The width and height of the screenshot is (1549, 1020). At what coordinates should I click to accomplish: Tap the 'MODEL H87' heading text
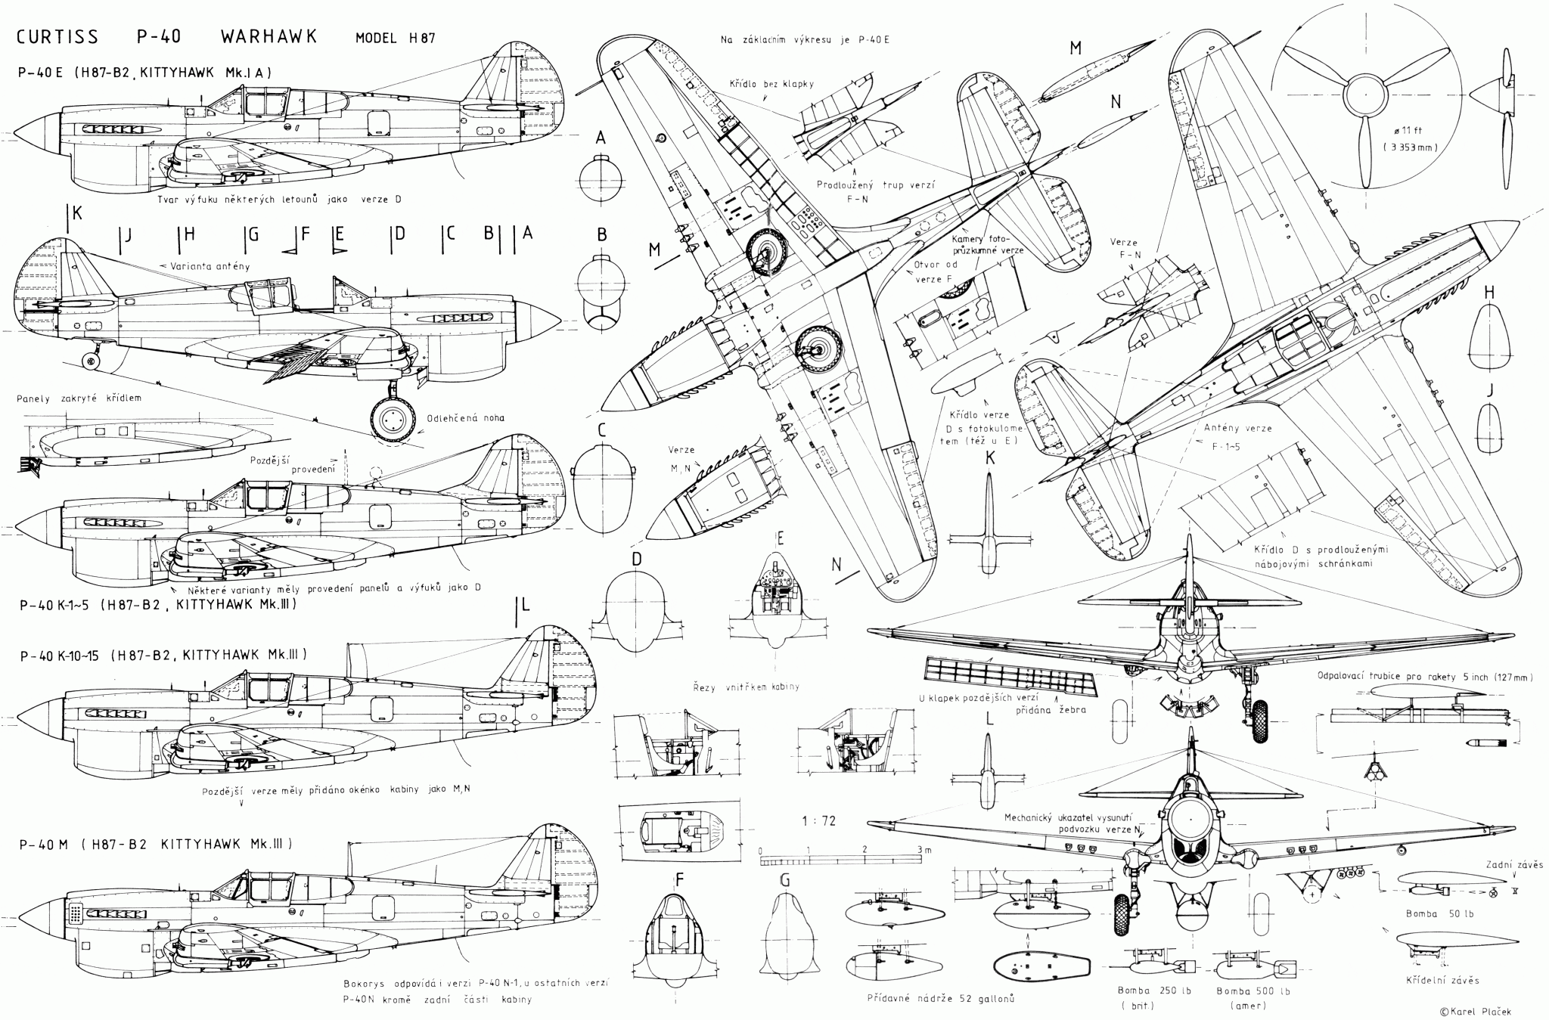[x=394, y=39]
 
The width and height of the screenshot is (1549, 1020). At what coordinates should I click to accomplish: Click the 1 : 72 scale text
[x=819, y=821]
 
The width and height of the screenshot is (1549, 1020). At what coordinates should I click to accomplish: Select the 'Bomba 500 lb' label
[x=1253, y=991]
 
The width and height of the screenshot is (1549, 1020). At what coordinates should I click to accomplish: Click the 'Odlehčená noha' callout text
[x=466, y=417]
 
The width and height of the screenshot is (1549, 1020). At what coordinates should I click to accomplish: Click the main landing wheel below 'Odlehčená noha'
[x=394, y=419]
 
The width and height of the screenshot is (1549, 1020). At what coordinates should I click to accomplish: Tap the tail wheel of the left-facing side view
[x=92, y=362]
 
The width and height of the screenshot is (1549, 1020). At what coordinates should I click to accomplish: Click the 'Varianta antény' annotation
[x=205, y=266]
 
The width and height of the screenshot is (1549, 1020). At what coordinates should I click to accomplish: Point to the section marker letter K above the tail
[x=77, y=213]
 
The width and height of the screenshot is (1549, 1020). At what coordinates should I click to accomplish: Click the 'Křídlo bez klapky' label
[x=771, y=84]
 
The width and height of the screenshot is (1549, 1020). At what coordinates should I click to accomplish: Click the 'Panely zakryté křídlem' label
[x=79, y=398]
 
